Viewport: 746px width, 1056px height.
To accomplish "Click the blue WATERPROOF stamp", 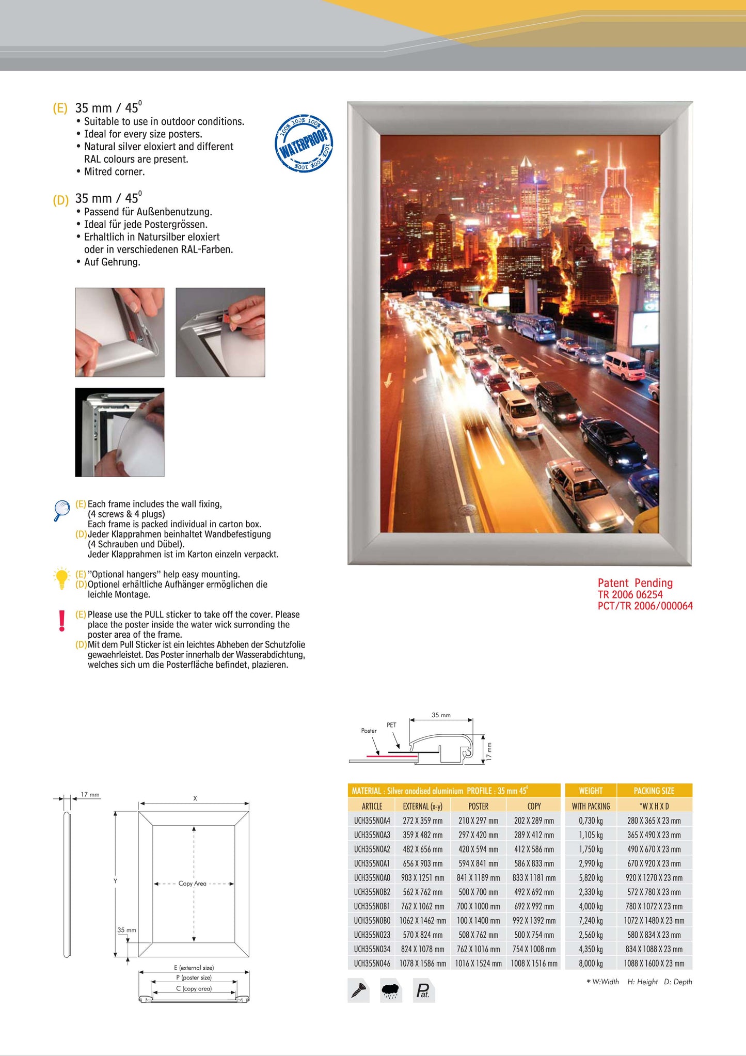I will click(x=305, y=144).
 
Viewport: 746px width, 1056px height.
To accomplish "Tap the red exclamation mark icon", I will click(x=62, y=621).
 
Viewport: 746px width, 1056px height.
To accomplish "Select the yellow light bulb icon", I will click(x=61, y=579).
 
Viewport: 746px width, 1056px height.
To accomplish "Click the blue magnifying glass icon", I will click(x=61, y=510).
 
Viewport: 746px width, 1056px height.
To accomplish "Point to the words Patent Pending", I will click(x=635, y=583).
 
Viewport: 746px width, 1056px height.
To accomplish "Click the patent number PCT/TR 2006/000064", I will click(x=645, y=606).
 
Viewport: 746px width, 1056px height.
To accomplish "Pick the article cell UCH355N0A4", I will click(x=372, y=821).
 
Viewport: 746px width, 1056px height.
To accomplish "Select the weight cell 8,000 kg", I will click(x=591, y=963).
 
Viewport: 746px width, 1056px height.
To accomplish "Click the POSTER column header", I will click(x=478, y=806).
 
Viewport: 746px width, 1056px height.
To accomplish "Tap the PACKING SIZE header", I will click(x=654, y=791).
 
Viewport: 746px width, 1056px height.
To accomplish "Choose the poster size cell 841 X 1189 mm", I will click(x=478, y=878).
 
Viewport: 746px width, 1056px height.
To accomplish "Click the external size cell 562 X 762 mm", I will click(x=422, y=892).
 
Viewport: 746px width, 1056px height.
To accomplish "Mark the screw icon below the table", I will click(x=358, y=990).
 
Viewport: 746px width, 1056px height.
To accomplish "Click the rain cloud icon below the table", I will click(x=391, y=990).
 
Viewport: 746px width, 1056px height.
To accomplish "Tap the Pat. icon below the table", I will click(x=423, y=990).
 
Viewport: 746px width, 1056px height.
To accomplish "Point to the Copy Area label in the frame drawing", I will click(x=192, y=884).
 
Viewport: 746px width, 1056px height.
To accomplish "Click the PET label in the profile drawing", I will click(x=391, y=725).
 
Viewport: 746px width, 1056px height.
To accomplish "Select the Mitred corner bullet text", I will click(x=114, y=172).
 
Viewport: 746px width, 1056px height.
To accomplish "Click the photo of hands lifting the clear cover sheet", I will click(x=120, y=432).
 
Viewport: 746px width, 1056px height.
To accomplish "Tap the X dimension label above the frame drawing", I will click(x=195, y=798).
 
